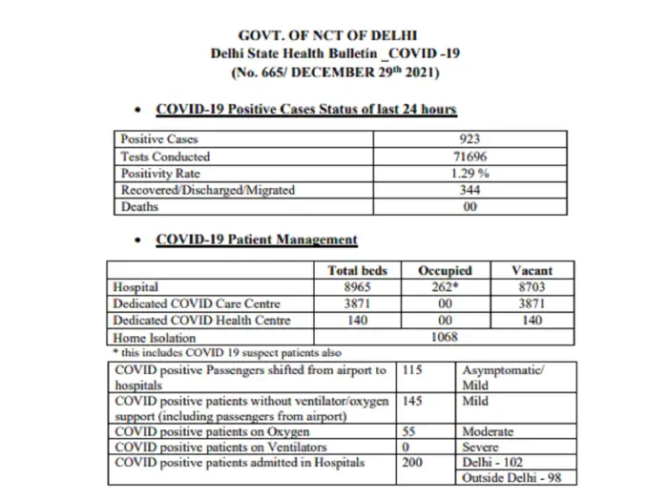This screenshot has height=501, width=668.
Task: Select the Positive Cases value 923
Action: tap(470, 139)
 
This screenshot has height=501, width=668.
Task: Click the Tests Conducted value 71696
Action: tap(470, 157)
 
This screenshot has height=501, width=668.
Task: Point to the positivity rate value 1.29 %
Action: tap(470, 173)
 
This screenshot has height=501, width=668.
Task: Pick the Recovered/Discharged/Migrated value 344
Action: tap(470, 190)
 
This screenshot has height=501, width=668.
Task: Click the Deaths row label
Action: tap(138, 206)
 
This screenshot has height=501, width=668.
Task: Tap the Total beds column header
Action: tap(357, 270)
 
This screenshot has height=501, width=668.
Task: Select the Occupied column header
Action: tap(447, 270)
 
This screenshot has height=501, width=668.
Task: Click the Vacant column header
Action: tap(532, 270)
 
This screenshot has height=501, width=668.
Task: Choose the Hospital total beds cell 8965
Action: tap(357, 286)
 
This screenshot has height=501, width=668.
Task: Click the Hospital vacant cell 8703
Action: tap(532, 286)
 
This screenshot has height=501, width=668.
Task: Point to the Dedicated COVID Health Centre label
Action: tap(201, 321)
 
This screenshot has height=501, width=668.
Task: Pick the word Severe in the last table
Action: tap(481, 447)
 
